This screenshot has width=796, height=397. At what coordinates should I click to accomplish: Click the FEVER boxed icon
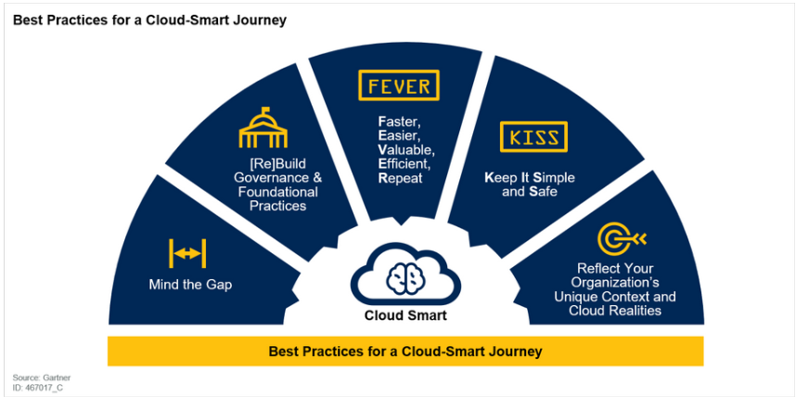click(x=399, y=85)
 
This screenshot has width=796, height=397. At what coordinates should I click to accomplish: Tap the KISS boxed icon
click(x=533, y=136)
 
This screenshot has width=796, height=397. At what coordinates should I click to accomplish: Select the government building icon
click(x=263, y=127)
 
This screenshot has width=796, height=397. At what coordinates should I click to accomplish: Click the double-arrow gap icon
click(x=187, y=253)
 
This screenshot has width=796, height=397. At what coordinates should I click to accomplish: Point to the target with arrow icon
click(x=622, y=238)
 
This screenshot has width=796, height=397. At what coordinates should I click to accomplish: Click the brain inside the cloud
click(x=405, y=276)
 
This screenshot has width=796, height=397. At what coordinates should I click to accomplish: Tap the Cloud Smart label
click(x=405, y=315)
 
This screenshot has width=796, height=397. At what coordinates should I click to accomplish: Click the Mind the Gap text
click(x=190, y=284)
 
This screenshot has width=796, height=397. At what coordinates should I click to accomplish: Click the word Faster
click(x=400, y=122)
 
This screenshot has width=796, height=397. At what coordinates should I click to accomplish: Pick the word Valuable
click(x=406, y=150)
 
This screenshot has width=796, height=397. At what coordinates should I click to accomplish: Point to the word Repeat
click(x=400, y=179)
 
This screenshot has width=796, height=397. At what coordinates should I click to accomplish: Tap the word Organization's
click(x=615, y=282)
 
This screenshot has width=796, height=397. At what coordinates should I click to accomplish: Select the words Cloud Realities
click(x=615, y=310)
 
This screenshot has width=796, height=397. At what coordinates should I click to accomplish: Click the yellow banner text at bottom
click(x=405, y=351)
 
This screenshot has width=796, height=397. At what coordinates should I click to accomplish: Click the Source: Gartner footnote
click(x=33, y=378)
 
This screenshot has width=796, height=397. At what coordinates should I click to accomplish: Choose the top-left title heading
click(x=149, y=20)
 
